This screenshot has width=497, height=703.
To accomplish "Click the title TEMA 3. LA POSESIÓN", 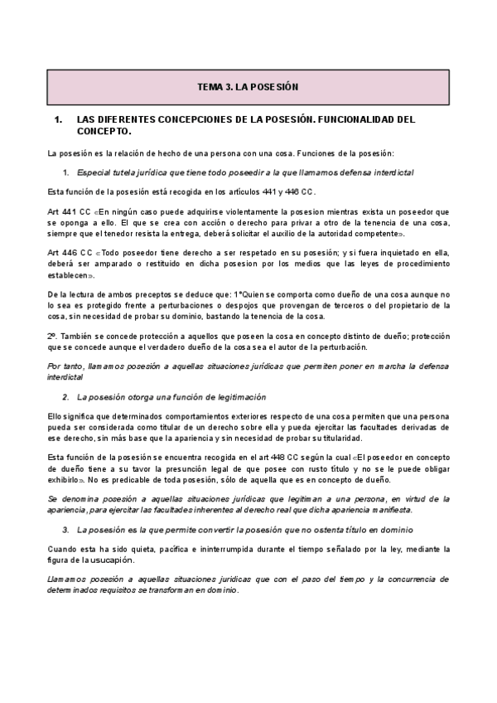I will (x=248, y=86).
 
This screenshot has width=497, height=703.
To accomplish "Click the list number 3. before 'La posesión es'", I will (x=66, y=528).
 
